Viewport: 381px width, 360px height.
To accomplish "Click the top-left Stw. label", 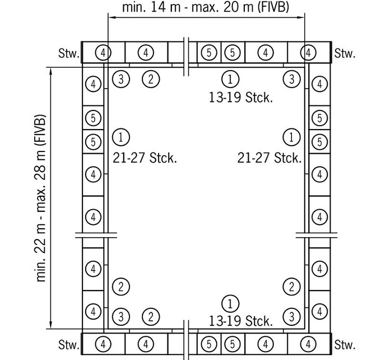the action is [x=69, y=53].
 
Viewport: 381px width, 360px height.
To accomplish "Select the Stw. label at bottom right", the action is [x=345, y=345].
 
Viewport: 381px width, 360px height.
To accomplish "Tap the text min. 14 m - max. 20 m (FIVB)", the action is [x=206, y=7].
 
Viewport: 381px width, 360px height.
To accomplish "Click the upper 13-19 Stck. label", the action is [x=241, y=98].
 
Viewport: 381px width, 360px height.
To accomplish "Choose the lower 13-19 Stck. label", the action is [x=241, y=321].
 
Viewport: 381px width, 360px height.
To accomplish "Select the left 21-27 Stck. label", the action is [x=145, y=158].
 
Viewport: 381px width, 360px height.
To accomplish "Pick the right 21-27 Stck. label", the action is [x=270, y=158].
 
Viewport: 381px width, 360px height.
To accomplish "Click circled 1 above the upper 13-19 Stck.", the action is [x=230, y=79].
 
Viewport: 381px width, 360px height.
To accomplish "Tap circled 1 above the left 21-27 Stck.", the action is [x=121, y=137].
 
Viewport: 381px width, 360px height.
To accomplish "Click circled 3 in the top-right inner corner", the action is [x=292, y=79].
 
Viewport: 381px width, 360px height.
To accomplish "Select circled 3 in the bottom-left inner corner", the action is [x=121, y=317].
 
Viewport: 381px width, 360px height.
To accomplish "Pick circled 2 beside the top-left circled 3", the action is [x=151, y=79].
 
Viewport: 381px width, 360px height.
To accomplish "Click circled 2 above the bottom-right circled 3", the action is [x=291, y=287].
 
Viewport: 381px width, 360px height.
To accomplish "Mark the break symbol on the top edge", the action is [x=186, y=57].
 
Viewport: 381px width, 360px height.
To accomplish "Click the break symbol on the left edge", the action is [x=96, y=235].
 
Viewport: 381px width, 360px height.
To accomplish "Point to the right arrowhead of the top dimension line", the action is [x=301, y=17].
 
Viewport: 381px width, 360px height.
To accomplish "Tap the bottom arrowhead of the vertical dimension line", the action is [x=51, y=325].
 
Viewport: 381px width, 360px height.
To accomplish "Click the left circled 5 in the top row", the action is [x=209, y=53].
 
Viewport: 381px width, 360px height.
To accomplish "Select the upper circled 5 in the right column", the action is [x=320, y=118].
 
